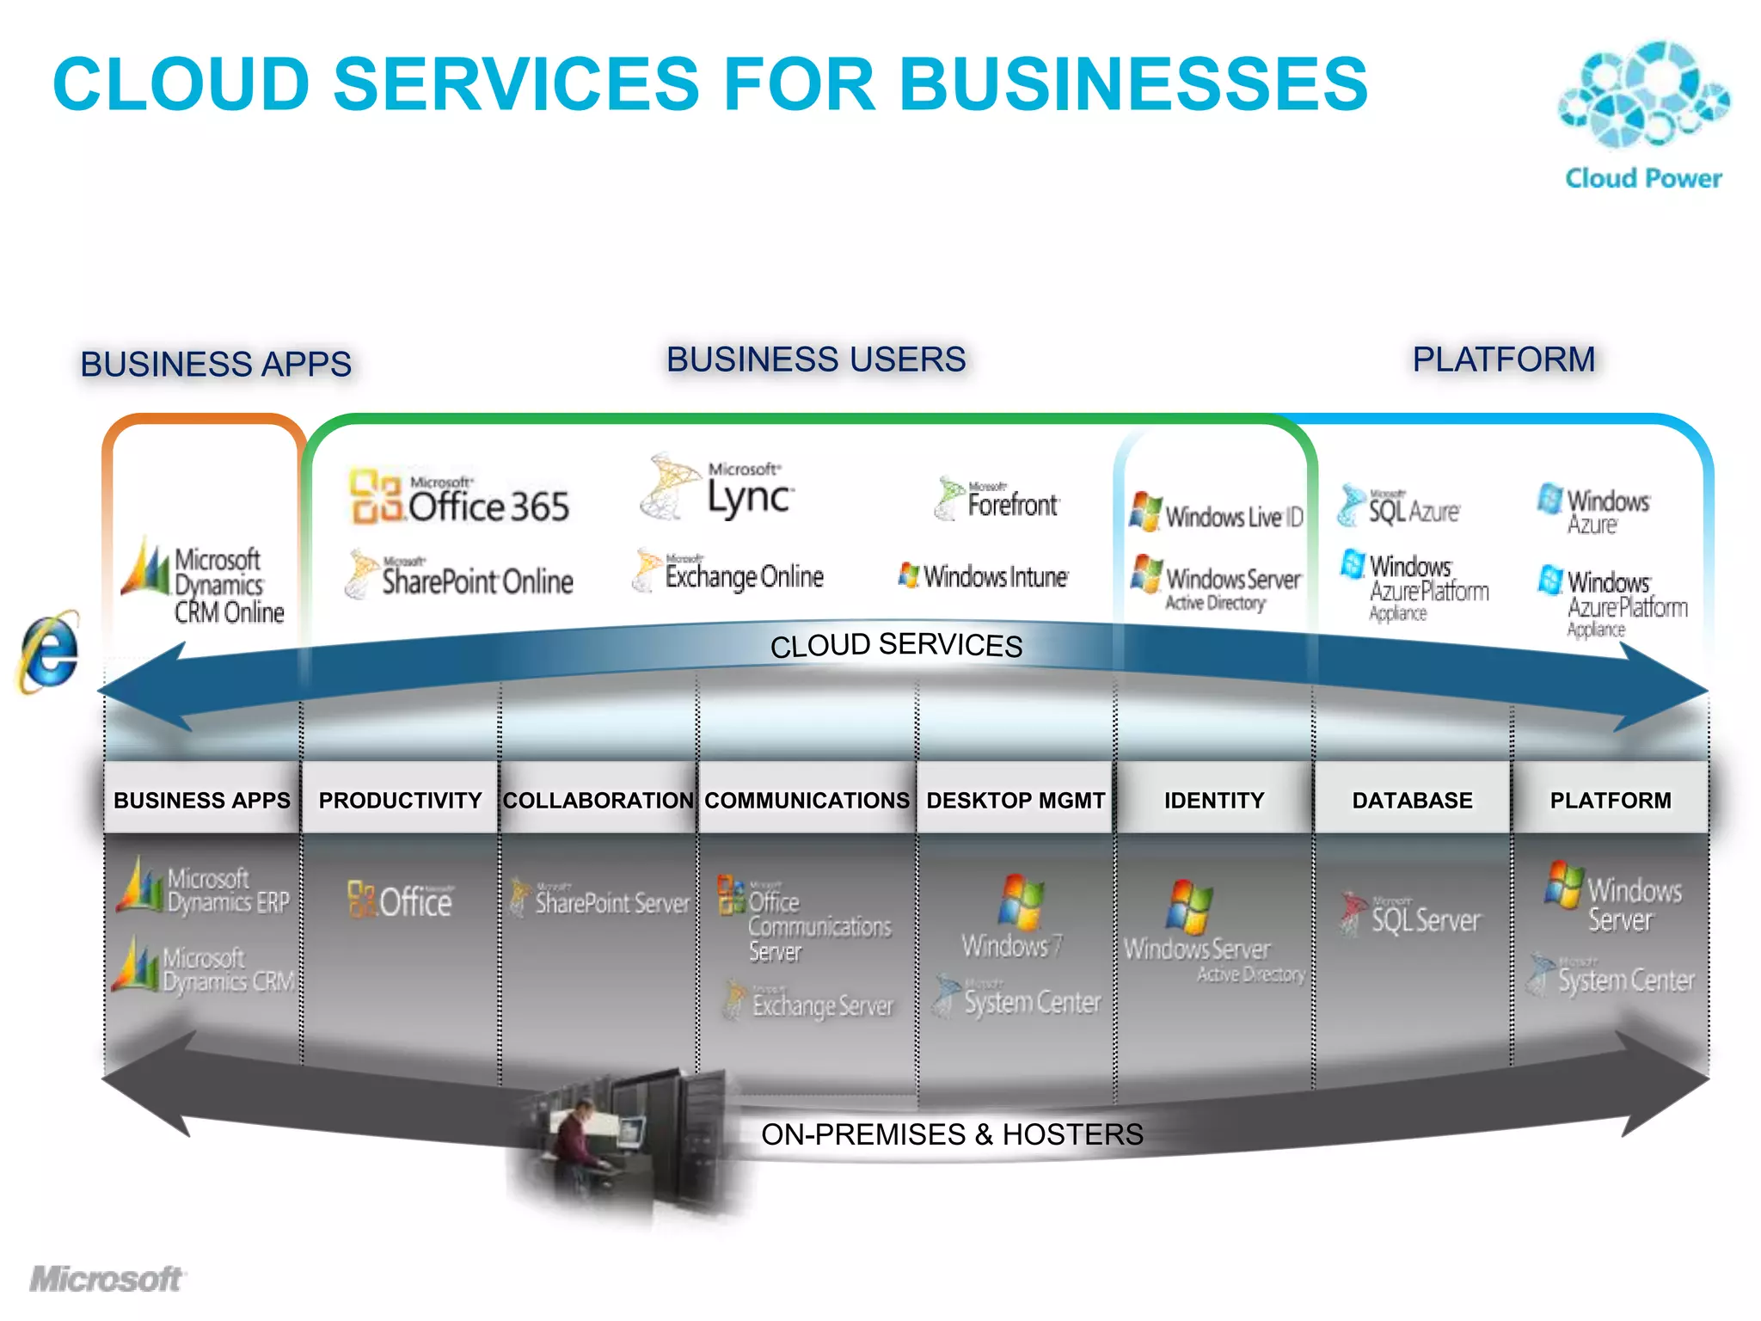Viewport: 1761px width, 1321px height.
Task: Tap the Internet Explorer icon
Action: [49, 653]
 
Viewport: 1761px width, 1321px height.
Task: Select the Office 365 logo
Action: [460, 498]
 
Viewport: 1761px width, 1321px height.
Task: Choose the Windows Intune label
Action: [985, 576]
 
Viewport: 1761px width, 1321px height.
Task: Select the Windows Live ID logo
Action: [1216, 513]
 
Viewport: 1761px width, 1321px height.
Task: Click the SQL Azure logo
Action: [1399, 507]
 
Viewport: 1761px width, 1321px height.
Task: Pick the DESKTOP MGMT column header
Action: [1015, 800]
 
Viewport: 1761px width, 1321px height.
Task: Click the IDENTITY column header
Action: [1213, 800]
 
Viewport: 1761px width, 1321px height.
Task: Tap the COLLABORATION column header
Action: [598, 800]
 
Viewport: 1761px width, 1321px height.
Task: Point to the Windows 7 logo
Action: [1015, 917]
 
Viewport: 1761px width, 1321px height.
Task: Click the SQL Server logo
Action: [1411, 916]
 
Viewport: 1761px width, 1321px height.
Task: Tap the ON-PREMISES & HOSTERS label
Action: [952, 1134]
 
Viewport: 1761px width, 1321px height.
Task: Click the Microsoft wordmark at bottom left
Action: [107, 1280]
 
